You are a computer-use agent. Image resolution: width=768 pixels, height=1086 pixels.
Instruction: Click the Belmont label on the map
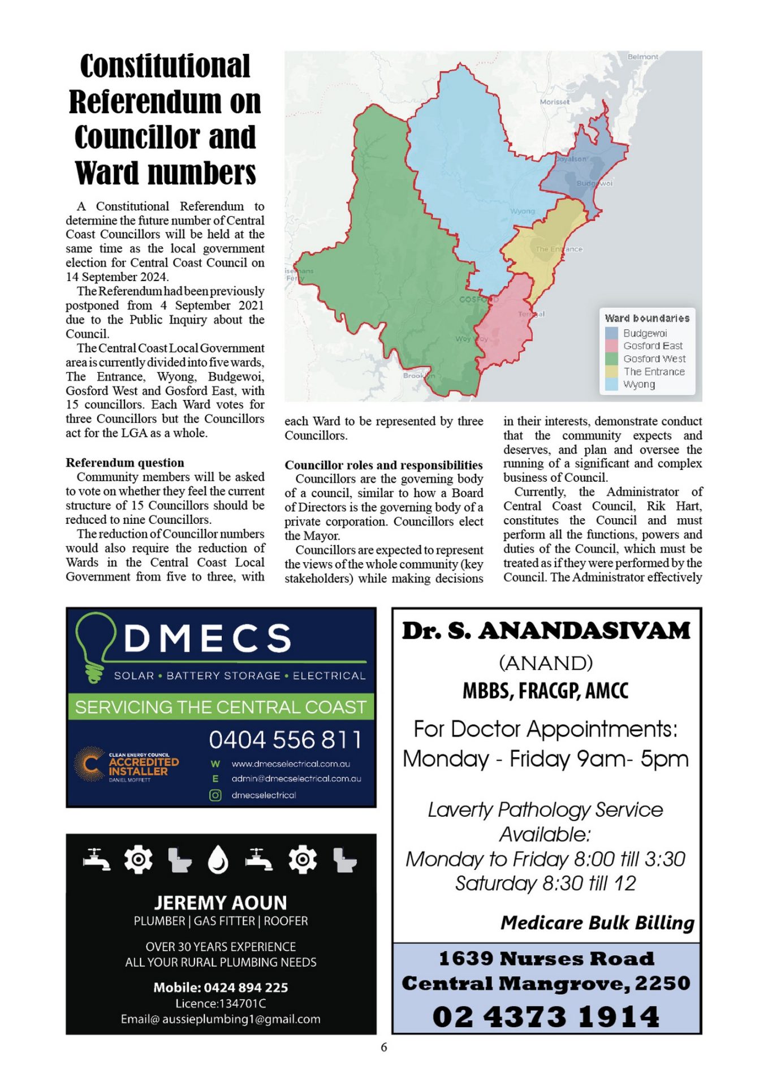(642, 57)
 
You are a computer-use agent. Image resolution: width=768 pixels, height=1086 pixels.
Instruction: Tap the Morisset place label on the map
(554, 102)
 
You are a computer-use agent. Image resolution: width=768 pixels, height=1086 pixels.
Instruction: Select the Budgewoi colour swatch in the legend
(611, 333)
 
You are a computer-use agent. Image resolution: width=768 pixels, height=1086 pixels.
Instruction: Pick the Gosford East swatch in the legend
(611, 346)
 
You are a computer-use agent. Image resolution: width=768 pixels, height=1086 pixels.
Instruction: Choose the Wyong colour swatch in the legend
(611, 385)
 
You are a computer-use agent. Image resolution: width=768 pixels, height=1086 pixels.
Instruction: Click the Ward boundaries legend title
(647, 318)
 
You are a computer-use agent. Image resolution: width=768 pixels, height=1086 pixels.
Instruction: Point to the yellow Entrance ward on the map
(543, 249)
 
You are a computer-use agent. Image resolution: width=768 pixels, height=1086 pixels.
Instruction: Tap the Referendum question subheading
(124, 463)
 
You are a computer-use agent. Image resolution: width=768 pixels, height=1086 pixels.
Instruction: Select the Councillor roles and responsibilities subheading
(383, 465)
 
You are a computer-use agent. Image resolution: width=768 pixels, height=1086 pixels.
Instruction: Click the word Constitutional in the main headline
(165, 66)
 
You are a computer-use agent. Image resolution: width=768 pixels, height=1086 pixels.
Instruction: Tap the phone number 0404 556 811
(285, 739)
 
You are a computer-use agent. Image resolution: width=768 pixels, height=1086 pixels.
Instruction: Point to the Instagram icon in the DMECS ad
(215, 795)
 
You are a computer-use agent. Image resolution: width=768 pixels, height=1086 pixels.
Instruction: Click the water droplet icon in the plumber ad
(218, 860)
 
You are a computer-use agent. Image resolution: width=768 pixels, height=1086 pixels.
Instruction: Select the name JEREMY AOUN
(221, 902)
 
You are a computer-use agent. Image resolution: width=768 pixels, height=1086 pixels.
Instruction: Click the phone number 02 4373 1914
(546, 1016)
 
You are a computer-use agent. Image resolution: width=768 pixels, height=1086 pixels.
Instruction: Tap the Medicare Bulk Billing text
(597, 923)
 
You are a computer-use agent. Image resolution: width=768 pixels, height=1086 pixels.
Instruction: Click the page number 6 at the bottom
(384, 1047)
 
